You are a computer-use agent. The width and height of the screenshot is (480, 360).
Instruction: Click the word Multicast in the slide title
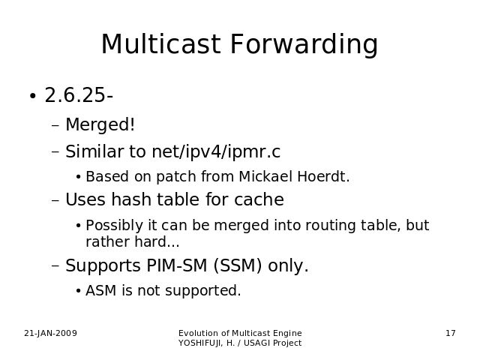tap(160, 43)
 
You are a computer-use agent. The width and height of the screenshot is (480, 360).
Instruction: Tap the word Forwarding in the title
tap(304, 45)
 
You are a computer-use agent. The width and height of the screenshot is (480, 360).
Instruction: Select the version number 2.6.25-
tap(79, 95)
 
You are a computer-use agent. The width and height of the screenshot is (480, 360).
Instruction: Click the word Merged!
tap(100, 124)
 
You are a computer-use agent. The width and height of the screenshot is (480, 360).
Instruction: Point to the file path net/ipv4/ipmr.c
tap(216, 151)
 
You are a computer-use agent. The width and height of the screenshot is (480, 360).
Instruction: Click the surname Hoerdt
tap(323, 176)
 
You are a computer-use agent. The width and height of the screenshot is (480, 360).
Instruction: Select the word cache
tap(259, 199)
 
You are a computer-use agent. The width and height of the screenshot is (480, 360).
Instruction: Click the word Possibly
tap(115, 226)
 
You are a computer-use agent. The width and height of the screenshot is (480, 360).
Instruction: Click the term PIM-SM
tap(177, 265)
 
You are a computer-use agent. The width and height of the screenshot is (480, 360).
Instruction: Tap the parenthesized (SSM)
tap(238, 265)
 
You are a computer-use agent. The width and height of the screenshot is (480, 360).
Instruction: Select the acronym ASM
tap(101, 290)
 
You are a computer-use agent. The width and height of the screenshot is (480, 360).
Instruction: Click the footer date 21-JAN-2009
tap(50, 333)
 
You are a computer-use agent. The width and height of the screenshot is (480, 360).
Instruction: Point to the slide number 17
tap(451, 333)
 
